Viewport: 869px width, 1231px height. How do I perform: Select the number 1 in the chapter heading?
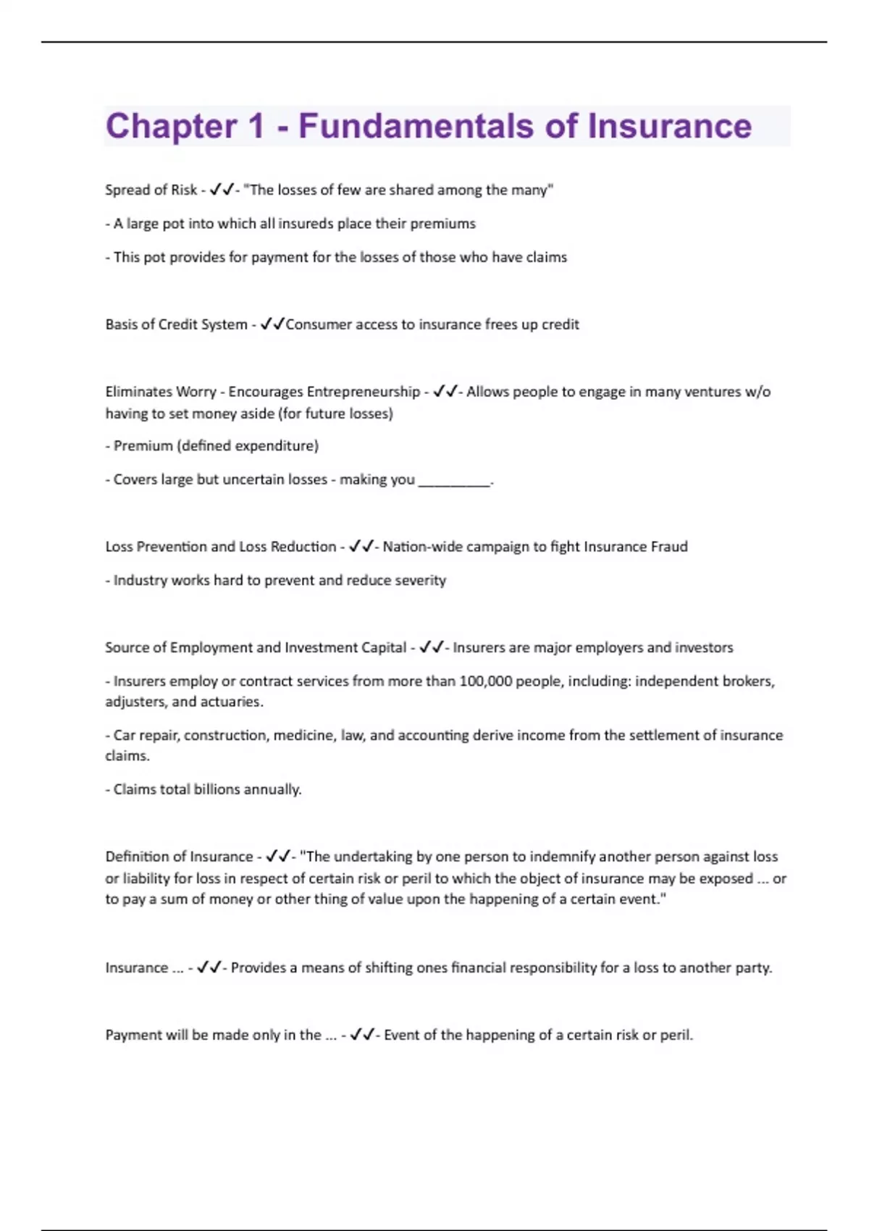pyautogui.click(x=256, y=126)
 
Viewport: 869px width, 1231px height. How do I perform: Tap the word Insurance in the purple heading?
pyautogui.click(x=669, y=126)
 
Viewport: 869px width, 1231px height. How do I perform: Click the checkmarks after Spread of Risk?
pyautogui.click(x=222, y=190)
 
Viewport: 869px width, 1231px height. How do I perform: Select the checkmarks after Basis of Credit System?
pyautogui.click(x=272, y=324)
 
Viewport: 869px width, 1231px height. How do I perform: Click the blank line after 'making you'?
pyautogui.click(x=454, y=480)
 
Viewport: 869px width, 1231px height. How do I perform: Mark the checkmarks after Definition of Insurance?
pyautogui.click(x=277, y=857)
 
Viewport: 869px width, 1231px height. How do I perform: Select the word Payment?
pyautogui.click(x=133, y=1035)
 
